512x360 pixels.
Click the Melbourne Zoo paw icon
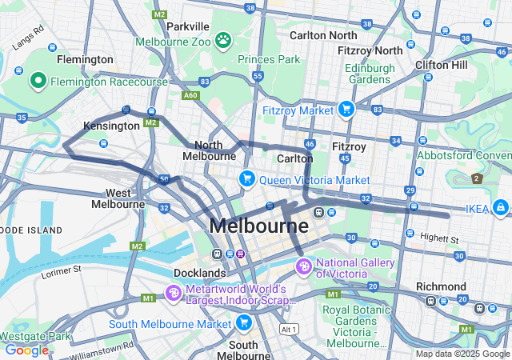click(x=222, y=39)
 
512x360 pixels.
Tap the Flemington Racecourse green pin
click(x=38, y=81)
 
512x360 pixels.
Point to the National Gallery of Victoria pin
click(x=303, y=266)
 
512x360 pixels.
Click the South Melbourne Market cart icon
click(x=244, y=323)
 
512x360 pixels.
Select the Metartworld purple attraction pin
click(x=174, y=294)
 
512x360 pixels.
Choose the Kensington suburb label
click(x=111, y=126)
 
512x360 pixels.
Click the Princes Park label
click(x=268, y=59)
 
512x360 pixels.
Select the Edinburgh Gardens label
click(x=370, y=74)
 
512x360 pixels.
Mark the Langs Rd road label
click(x=27, y=38)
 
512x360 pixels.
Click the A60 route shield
click(x=190, y=94)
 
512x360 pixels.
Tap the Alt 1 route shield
click(x=288, y=329)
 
